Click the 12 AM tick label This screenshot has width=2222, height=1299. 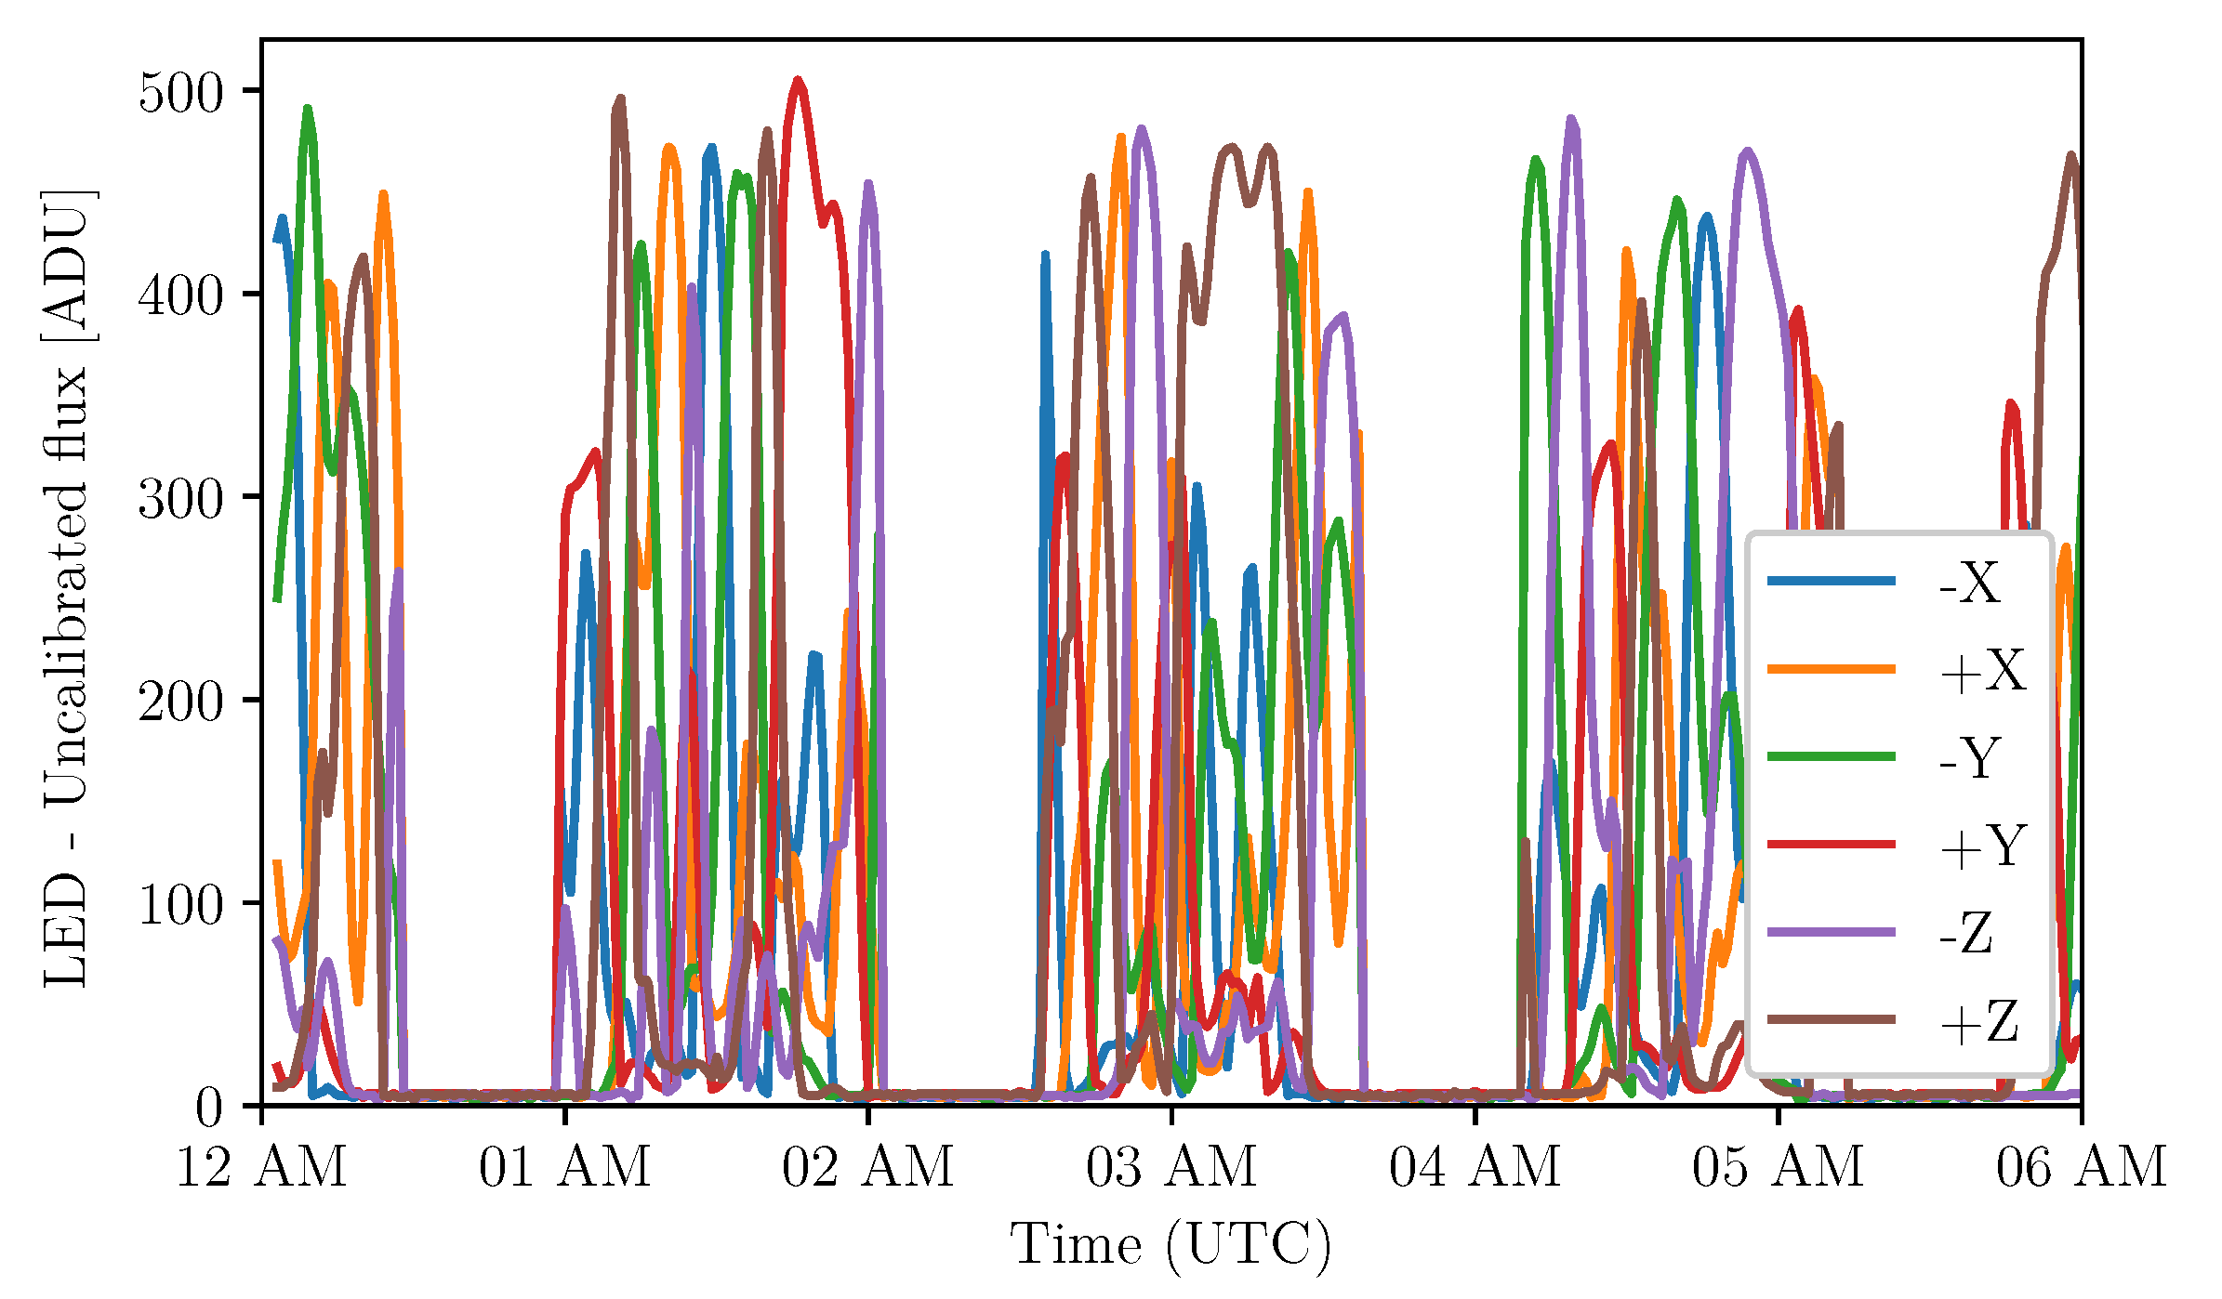point(261,1167)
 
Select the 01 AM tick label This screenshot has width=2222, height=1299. point(564,1167)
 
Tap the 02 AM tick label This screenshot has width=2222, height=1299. point(867,1167)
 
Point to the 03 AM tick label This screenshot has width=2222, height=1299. point(1171,1167)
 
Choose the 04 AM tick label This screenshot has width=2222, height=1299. point(1475,1167)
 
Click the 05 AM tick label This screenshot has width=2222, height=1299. point(1778,1167)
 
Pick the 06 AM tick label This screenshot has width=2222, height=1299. point(2081,1167)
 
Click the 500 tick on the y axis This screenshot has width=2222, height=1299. point(181,93)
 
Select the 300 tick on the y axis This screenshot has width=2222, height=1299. point(181,499)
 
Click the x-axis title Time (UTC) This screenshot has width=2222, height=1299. point(1171,1245)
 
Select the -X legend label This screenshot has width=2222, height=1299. point(1969,584)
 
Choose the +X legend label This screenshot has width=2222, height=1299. point(1982,671)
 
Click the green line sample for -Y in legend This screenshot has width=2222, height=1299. point(1831,756)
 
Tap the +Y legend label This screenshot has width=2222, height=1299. point(1982,846)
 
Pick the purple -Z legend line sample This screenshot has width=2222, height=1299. point(1831,932)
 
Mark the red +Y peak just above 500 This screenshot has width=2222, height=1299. point(797,81)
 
